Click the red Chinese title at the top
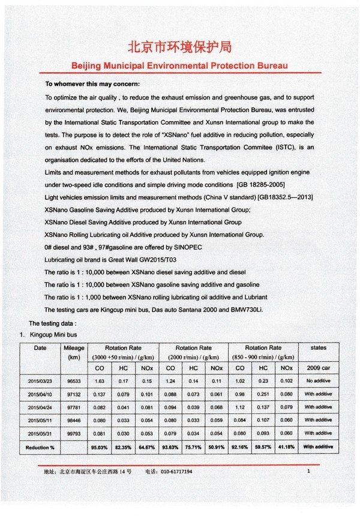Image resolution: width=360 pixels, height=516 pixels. [x=180, y=47]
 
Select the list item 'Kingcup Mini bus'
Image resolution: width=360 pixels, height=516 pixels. [x=53, y=334]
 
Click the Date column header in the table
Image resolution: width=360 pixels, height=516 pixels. [x=40, y=347]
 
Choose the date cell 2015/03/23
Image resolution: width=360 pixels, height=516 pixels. [x=40, y=380]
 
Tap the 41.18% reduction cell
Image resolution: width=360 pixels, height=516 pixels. [x=286, y=448]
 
